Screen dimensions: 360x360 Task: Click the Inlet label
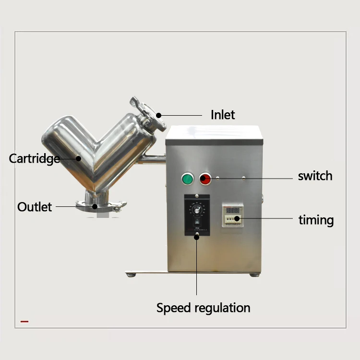point(223,115)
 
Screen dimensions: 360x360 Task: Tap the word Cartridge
point(35,158)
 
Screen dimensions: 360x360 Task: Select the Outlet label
point(35,207)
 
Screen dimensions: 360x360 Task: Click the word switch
point(315,176)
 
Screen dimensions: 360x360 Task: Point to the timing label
point(316,220)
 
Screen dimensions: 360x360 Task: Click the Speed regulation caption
point(203,308)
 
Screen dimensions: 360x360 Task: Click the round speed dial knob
point(196,209)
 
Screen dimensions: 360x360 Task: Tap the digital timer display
point(233,210)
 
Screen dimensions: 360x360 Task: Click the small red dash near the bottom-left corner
point(24,321)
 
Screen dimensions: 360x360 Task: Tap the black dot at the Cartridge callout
point(78,157)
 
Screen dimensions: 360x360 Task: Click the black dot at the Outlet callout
point(95,206)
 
